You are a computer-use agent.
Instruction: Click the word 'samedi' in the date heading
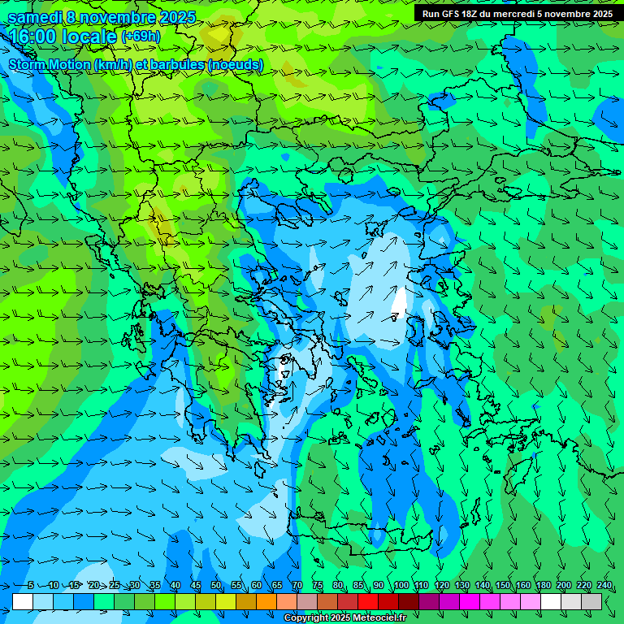tap(34, 18)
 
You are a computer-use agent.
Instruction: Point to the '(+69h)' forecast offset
tap(141, 37)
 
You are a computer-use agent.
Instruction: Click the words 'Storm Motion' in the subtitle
tap(49, 65)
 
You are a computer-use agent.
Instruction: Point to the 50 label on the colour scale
tap(216, 586)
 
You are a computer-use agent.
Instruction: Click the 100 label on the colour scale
tap(401, 586)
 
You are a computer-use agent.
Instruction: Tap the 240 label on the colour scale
tap(604, 586)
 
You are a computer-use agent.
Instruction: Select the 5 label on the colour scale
tap(30, 586)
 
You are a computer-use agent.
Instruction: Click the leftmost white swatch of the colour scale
tap(23, 601)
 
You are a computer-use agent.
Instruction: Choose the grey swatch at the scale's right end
tap(591, 601)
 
